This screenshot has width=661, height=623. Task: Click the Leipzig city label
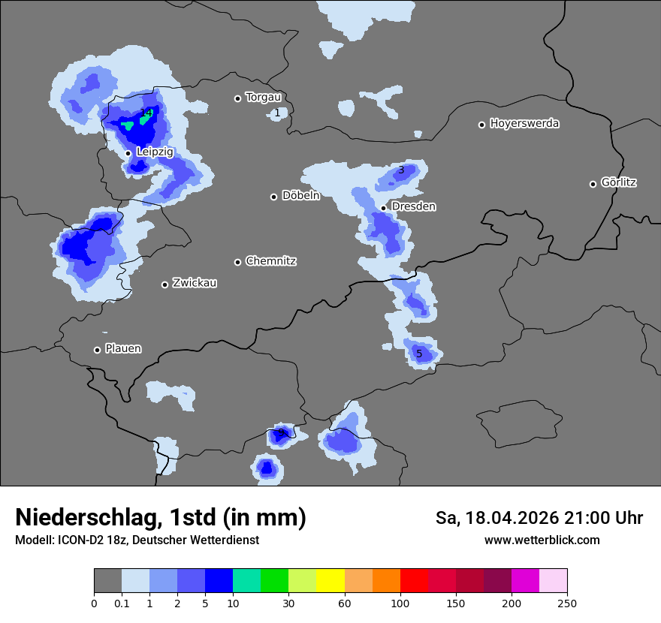[155, 152]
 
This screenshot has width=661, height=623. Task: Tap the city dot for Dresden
[384, 208]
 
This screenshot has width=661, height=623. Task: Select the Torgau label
[263, 97]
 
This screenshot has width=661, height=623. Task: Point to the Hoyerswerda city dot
[482, 125]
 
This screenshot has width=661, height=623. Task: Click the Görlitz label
[619, 182]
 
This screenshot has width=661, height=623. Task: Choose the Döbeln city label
[300, 196]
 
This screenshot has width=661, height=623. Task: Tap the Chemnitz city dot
[238, 262]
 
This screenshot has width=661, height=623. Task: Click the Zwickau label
[195, 283]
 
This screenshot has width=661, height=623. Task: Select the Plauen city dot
[98, 350]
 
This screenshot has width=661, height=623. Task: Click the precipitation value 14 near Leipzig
[146, 113]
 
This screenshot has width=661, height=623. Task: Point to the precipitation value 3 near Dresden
[401, 170]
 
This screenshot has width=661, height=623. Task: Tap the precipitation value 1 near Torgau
[277, 113]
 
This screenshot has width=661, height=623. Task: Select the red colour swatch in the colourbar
[414, 581]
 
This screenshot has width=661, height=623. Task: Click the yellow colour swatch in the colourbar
[330, 581]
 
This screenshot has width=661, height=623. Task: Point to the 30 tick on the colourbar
[288, 603]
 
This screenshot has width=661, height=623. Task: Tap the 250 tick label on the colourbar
[567, 603]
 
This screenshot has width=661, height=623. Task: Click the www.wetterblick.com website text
[542, 540]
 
